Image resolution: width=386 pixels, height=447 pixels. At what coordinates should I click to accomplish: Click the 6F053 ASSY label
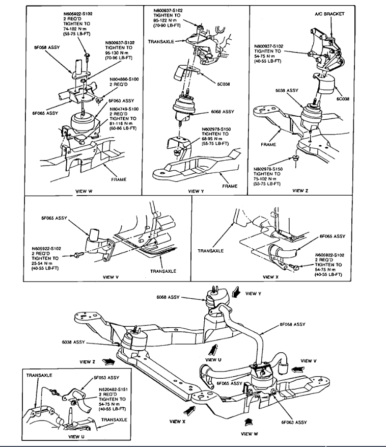click(x=106, y=378)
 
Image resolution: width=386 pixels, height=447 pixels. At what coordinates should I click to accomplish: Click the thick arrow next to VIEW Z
click(x=108, y=361)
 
